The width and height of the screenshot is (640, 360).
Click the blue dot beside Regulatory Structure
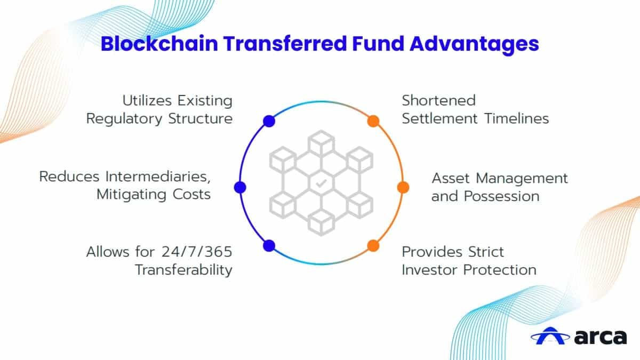click(269, 121)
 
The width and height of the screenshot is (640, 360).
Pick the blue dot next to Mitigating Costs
click(240, 187)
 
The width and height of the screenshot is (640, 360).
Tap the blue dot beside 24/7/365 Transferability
click(269, 245)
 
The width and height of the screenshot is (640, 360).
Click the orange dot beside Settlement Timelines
click(373, 121)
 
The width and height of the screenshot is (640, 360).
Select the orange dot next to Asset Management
click(403, 187)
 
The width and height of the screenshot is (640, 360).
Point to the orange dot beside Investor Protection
click(373, 245)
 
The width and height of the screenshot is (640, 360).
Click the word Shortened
click(438, 100)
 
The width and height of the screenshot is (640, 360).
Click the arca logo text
click(601, 337)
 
